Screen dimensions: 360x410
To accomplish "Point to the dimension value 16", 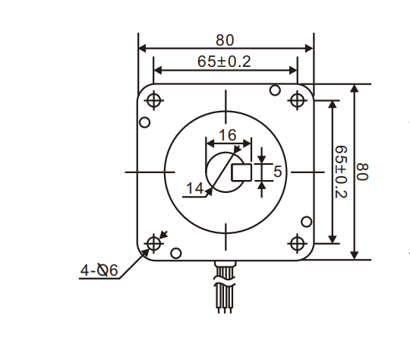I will click(227, 135).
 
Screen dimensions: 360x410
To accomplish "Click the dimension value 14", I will click(195, 188).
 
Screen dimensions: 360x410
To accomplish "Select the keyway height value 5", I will click(277, 172).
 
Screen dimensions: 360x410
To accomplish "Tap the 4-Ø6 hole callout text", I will click(99, 270).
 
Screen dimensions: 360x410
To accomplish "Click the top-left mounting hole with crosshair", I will click(154, 100).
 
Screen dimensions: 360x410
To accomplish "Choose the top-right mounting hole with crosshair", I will click(297, 100).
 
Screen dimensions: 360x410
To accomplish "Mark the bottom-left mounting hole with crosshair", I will click(154, 243).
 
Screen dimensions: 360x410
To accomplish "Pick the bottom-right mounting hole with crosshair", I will click(297, 243).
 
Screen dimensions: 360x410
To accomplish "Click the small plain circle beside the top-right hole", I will click(275, 91).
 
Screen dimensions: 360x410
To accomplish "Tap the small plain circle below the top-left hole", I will click(144, 122).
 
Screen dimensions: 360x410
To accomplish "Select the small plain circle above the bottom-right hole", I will click(306, 223).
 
